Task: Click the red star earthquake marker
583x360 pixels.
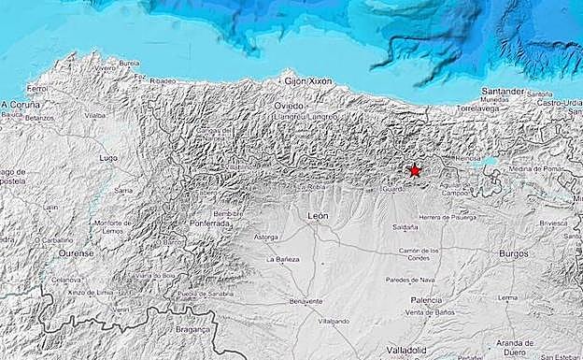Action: click(x=415, y=170)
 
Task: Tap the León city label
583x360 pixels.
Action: click(x=318, y=215)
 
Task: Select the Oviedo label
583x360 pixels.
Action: click(x=289, y=106)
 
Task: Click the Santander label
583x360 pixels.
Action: click(x=502, y=91)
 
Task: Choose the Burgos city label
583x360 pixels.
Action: click(x=513, y=253)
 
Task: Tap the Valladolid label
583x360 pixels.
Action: click(x=406, y=348)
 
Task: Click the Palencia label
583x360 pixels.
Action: click(x=426, y=299)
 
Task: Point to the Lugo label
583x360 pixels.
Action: click(x=108, y=158)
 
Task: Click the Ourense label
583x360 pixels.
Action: click(x=76, y=253)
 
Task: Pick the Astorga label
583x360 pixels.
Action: click(x=266, y=238)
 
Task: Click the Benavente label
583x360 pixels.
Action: click(x=305, y=301)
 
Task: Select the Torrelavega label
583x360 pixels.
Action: click(x=480, y=108)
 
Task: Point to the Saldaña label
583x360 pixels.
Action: click(x=405, y=227)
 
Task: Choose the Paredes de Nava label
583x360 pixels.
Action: click(x=410, y=279)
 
